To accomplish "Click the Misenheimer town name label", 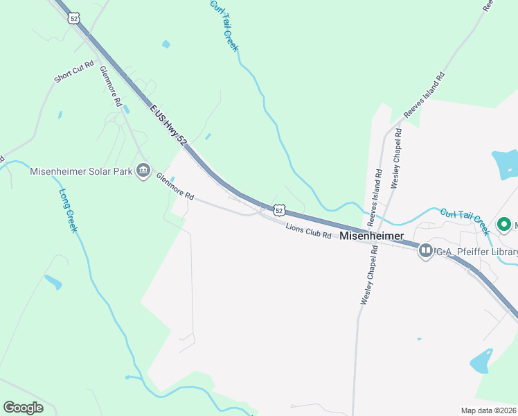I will click(x=372, y=236).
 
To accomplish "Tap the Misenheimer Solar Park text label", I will click(x=82, y=171).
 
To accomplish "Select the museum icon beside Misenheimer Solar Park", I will click(x=143, y=170).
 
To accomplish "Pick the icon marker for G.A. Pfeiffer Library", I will click(x=425, y=251).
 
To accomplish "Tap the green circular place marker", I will click(x=505, y=225).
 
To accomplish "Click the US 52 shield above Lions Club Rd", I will click(x=279, y=209).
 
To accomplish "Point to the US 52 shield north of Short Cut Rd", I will click(x=73, y=18).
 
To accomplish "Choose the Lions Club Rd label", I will click(x=309, y=230).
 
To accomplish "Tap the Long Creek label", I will click(x=68, y=211).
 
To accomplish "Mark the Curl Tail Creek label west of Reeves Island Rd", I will click(x=224, y=26).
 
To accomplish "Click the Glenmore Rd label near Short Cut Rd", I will click(x=111, y=86).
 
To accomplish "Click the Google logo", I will click(x=24, y=408).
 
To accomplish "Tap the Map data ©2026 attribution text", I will click(x=488, y=410).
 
